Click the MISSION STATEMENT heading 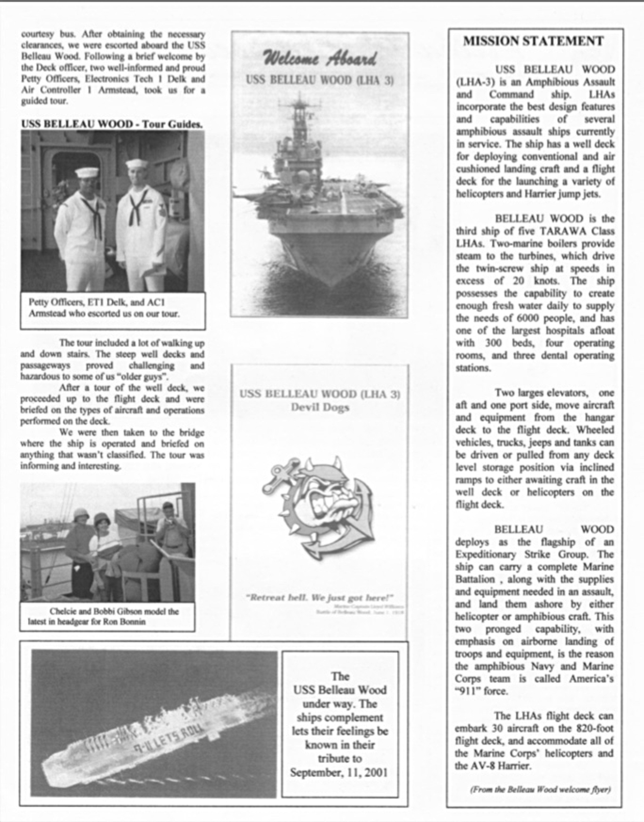[x=533, y=41]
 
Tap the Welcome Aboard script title [x=320, y=59]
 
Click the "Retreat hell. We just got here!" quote [x=320, y=597]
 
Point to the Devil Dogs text [x=320, y=407]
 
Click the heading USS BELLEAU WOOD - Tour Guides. [x=112, y=124]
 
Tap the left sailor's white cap [x=87, y=173]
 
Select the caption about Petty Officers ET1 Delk [x=104, y=308]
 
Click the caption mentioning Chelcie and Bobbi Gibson [x=107, y=616]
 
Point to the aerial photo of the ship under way [x=153, y=724]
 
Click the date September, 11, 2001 [x=339, y=772]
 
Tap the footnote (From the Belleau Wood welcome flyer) [x=540, y=789]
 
